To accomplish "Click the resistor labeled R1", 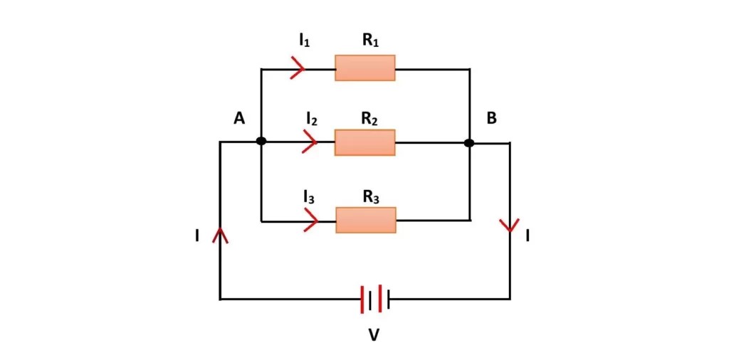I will click(365, 69).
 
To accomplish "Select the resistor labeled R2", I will click(365, 142).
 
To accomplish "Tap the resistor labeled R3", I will click(366, 221).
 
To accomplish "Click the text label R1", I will click(370, 41).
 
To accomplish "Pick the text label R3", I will click(371, 198).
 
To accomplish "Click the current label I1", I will click(304, 41).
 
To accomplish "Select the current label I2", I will click(311, 119).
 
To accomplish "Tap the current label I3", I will click(309, 198).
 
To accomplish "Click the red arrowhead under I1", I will click(298, 69).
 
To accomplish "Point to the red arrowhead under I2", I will click(310, 142).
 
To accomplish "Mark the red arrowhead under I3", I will click(310, 221).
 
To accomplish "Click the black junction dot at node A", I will click(261, 142).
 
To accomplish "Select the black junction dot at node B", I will click(469, 143).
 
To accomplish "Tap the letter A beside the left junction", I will click(239, 119).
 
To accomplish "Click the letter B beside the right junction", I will click(491, 119).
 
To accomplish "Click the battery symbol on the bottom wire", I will click(375, 299).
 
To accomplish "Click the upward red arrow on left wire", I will click(221, 234).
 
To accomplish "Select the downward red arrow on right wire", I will click(510, 226).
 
